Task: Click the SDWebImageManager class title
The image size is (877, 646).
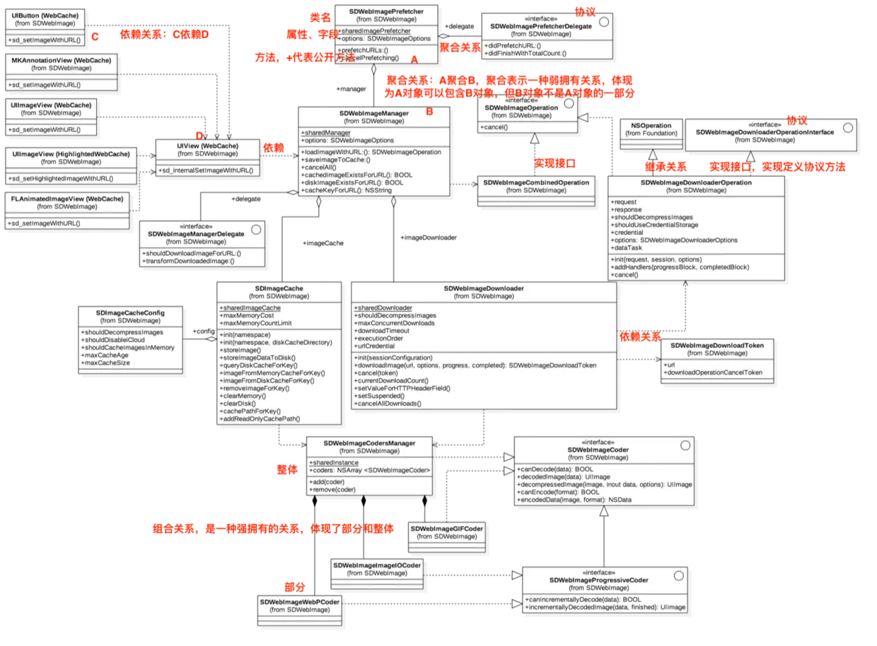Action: point(373,113)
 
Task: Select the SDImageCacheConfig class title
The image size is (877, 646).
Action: point(130,312)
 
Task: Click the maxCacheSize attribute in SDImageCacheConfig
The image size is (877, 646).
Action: point(106,363)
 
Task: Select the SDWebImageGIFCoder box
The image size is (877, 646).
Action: point(446,532)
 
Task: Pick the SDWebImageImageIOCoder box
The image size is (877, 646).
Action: point(377,569)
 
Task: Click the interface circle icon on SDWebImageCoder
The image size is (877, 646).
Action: point(684,445)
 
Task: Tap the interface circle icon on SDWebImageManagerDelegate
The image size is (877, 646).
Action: point(256,229)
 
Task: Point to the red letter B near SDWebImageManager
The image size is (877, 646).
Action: point(429,112)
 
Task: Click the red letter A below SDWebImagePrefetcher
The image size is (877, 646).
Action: point(414,61)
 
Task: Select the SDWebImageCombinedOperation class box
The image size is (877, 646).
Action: point(535,186)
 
